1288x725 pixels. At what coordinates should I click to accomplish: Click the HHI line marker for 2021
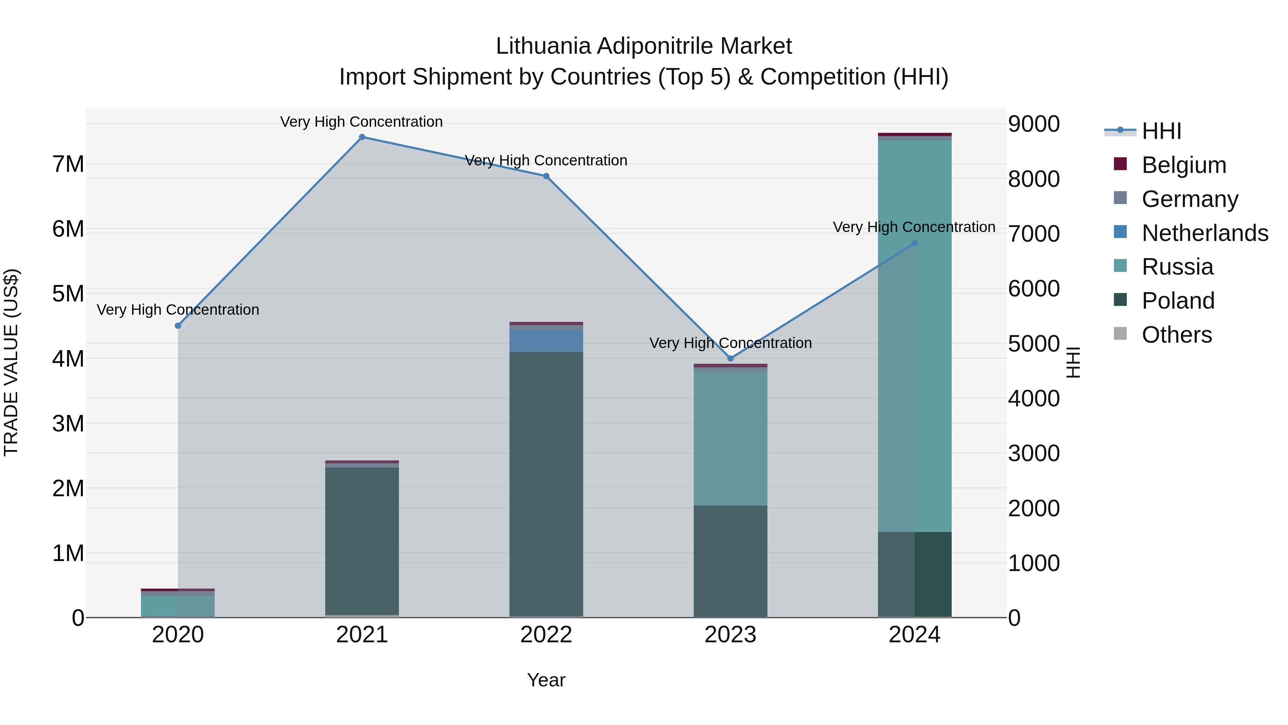(362, 137)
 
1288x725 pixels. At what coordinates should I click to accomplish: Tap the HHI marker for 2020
(178, 326)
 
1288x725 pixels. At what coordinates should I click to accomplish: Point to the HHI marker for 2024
(914, 243)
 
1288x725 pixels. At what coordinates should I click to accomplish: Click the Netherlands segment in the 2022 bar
(546, 340)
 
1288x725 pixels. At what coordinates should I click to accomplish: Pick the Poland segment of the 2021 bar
(362, 540)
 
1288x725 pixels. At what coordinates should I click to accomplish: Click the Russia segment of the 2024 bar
(914, 335)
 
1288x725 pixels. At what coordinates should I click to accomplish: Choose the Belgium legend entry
(1184, 165)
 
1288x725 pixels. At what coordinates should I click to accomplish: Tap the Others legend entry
(1176, 335)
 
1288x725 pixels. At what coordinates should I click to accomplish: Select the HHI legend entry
(1161, 131)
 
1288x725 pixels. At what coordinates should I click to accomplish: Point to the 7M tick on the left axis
(68, 164)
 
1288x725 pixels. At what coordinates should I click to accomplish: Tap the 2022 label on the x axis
(546, 635)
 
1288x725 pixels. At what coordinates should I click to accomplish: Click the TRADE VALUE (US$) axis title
(11, 362)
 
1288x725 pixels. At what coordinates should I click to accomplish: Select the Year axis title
(546, 680)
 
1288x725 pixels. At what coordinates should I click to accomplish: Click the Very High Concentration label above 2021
(361, 122)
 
